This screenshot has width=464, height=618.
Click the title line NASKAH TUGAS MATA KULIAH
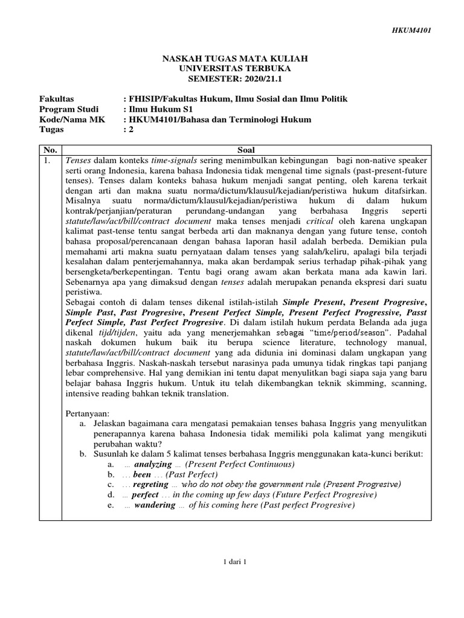pos(236,59)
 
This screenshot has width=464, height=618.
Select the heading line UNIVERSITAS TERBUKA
pos(236,69)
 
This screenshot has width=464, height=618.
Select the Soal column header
pos(245,150)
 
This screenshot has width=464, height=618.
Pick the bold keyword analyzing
pos(153,464)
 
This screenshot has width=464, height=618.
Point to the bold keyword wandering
pos(155,505)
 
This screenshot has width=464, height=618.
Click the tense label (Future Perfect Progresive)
pos(315,495)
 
